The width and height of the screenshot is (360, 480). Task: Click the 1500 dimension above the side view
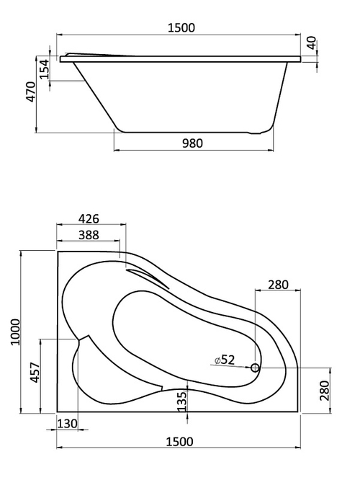tap(181, 27)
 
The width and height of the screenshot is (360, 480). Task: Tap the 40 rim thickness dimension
tap(311, 43)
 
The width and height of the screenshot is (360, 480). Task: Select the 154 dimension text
tap(45, 69)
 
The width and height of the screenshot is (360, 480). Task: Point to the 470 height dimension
tap(31, 92)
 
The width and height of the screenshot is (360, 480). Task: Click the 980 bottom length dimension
tap(193, 143)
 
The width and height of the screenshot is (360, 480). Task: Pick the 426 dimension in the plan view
tap(89, 218)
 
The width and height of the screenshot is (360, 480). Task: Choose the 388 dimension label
tap(89, 235)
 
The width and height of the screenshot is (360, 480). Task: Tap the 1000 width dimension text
tap(15, 332)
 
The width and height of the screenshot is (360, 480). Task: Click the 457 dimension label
tap(35, 372)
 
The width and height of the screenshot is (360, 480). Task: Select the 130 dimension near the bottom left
tap(67, 424)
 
